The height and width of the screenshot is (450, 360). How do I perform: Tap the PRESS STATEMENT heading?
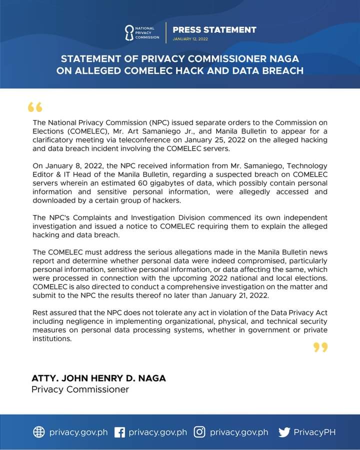point(214,29)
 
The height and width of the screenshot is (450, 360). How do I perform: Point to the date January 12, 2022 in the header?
point(190,38)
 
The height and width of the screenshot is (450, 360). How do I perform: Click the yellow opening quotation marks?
point(35,108)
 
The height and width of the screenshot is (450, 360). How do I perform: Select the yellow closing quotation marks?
point(320,347)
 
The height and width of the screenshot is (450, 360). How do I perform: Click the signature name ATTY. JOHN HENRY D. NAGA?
point(98,378)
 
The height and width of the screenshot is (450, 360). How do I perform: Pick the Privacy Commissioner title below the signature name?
point(80,389)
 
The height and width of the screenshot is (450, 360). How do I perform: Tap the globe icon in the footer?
point(39,432)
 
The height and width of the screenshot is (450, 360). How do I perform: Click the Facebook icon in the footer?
point(119,432)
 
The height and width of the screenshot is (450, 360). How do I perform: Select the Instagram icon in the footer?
point(199,432)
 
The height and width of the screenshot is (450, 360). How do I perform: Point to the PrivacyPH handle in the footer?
point(314,432)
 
